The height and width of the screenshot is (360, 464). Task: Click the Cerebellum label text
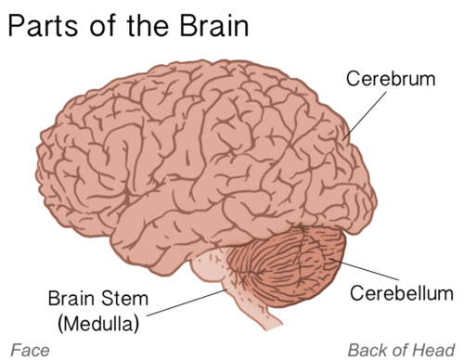(x=402, y=294)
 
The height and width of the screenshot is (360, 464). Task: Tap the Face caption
(x=24, y=350)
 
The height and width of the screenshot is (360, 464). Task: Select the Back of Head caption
(x=401, y=350)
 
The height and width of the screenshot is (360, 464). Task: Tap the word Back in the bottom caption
(x=366, y=350)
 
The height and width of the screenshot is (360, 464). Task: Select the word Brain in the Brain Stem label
(x=71, y=299)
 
